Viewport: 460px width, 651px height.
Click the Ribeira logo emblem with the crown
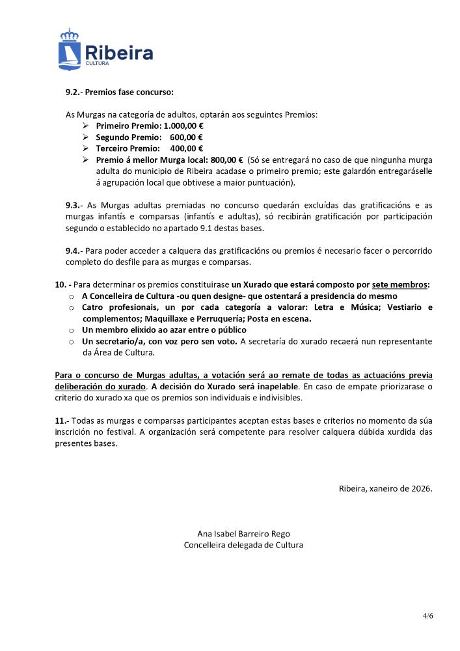tap(68, 49)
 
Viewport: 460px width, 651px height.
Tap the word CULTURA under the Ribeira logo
tap(97, 64)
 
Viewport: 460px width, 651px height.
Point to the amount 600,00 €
tap(186, 137)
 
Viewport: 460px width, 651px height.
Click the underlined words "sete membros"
tap(399, 284)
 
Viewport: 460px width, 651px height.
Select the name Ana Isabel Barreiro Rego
tap(243, 533)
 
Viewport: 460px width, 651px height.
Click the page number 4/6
tap(427, 615)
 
